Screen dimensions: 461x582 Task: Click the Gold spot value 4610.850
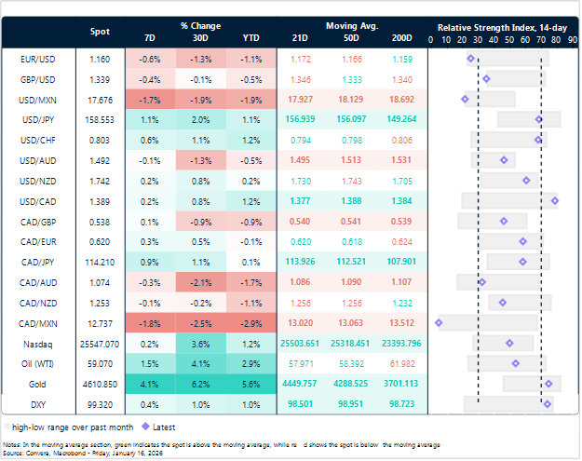[100, 383]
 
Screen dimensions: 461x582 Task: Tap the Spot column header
[100, 32]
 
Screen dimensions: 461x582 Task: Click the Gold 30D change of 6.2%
[200, 383]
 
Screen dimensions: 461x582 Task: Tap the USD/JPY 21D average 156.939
[300, 120]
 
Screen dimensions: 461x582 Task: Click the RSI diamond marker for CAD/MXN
[439, 323]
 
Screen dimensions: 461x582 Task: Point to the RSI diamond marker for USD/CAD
[554, 200]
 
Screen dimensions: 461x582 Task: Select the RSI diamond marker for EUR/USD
[470, 59]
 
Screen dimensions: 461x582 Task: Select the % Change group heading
[198, 26]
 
